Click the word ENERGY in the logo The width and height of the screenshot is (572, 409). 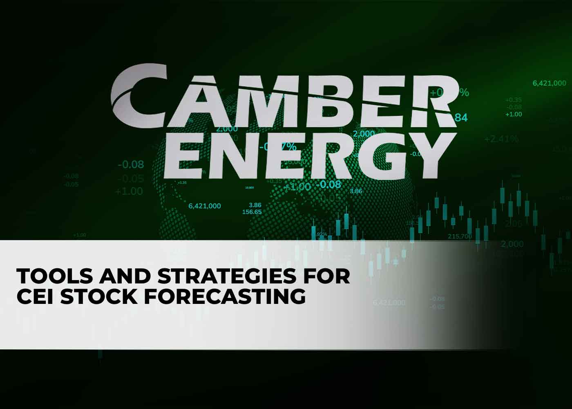(304, 155)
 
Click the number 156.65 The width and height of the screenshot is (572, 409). (252, 212)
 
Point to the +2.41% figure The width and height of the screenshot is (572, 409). (501, 139)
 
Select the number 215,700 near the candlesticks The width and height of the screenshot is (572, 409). (460, 236)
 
